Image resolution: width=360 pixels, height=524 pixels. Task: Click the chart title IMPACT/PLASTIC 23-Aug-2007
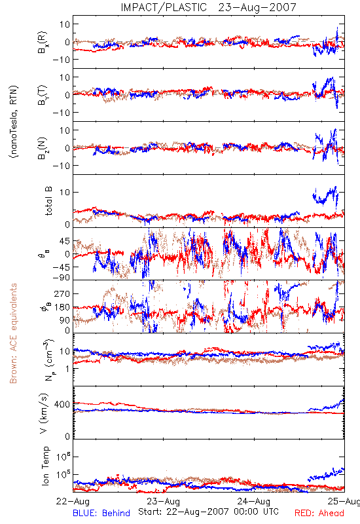pyautogui.click(x=208, y=7)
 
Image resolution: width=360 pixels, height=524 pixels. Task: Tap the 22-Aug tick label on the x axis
pyautogui.click(x=73, y=501)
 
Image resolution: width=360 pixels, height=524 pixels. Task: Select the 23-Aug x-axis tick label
pyautogui.click(x=163, y=501)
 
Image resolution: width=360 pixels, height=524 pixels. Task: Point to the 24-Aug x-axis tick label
pyautogui.click(x=254, y=501)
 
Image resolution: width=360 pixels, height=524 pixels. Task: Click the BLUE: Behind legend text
pyautogui.click(x=101, y=514)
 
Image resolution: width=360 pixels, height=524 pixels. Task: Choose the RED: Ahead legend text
pyautogui.click(x=319, y=514)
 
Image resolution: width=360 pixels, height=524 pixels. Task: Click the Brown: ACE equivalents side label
pyautogui.click(x=13, y=333)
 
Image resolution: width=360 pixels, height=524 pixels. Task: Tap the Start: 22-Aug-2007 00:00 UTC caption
pyautogui.click(x=208, y=512)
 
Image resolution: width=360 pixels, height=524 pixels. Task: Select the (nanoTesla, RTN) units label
pyautogui.click(x=14, y=122)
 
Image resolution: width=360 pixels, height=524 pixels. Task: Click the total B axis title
pyautogui.click(x=48, y=201)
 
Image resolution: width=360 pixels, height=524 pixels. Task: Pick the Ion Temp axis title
pyautogui.click(x=45, y=466)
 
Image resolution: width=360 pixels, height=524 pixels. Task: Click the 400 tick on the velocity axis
pyautogui.click(x=62, y=404)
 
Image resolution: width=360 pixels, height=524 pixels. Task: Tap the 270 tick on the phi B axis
pyautogui.click(x=62, y=293)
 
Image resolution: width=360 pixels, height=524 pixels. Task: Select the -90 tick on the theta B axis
pyautogui.click(x=62, y=278)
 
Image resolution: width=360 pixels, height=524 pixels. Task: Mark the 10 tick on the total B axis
pyautogui.click(x=65, y=192)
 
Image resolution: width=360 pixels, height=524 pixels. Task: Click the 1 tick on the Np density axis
pyautogui.click(x=67, y=369)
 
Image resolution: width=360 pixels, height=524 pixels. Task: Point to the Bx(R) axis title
pyautogui.click(x=43, y=43)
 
